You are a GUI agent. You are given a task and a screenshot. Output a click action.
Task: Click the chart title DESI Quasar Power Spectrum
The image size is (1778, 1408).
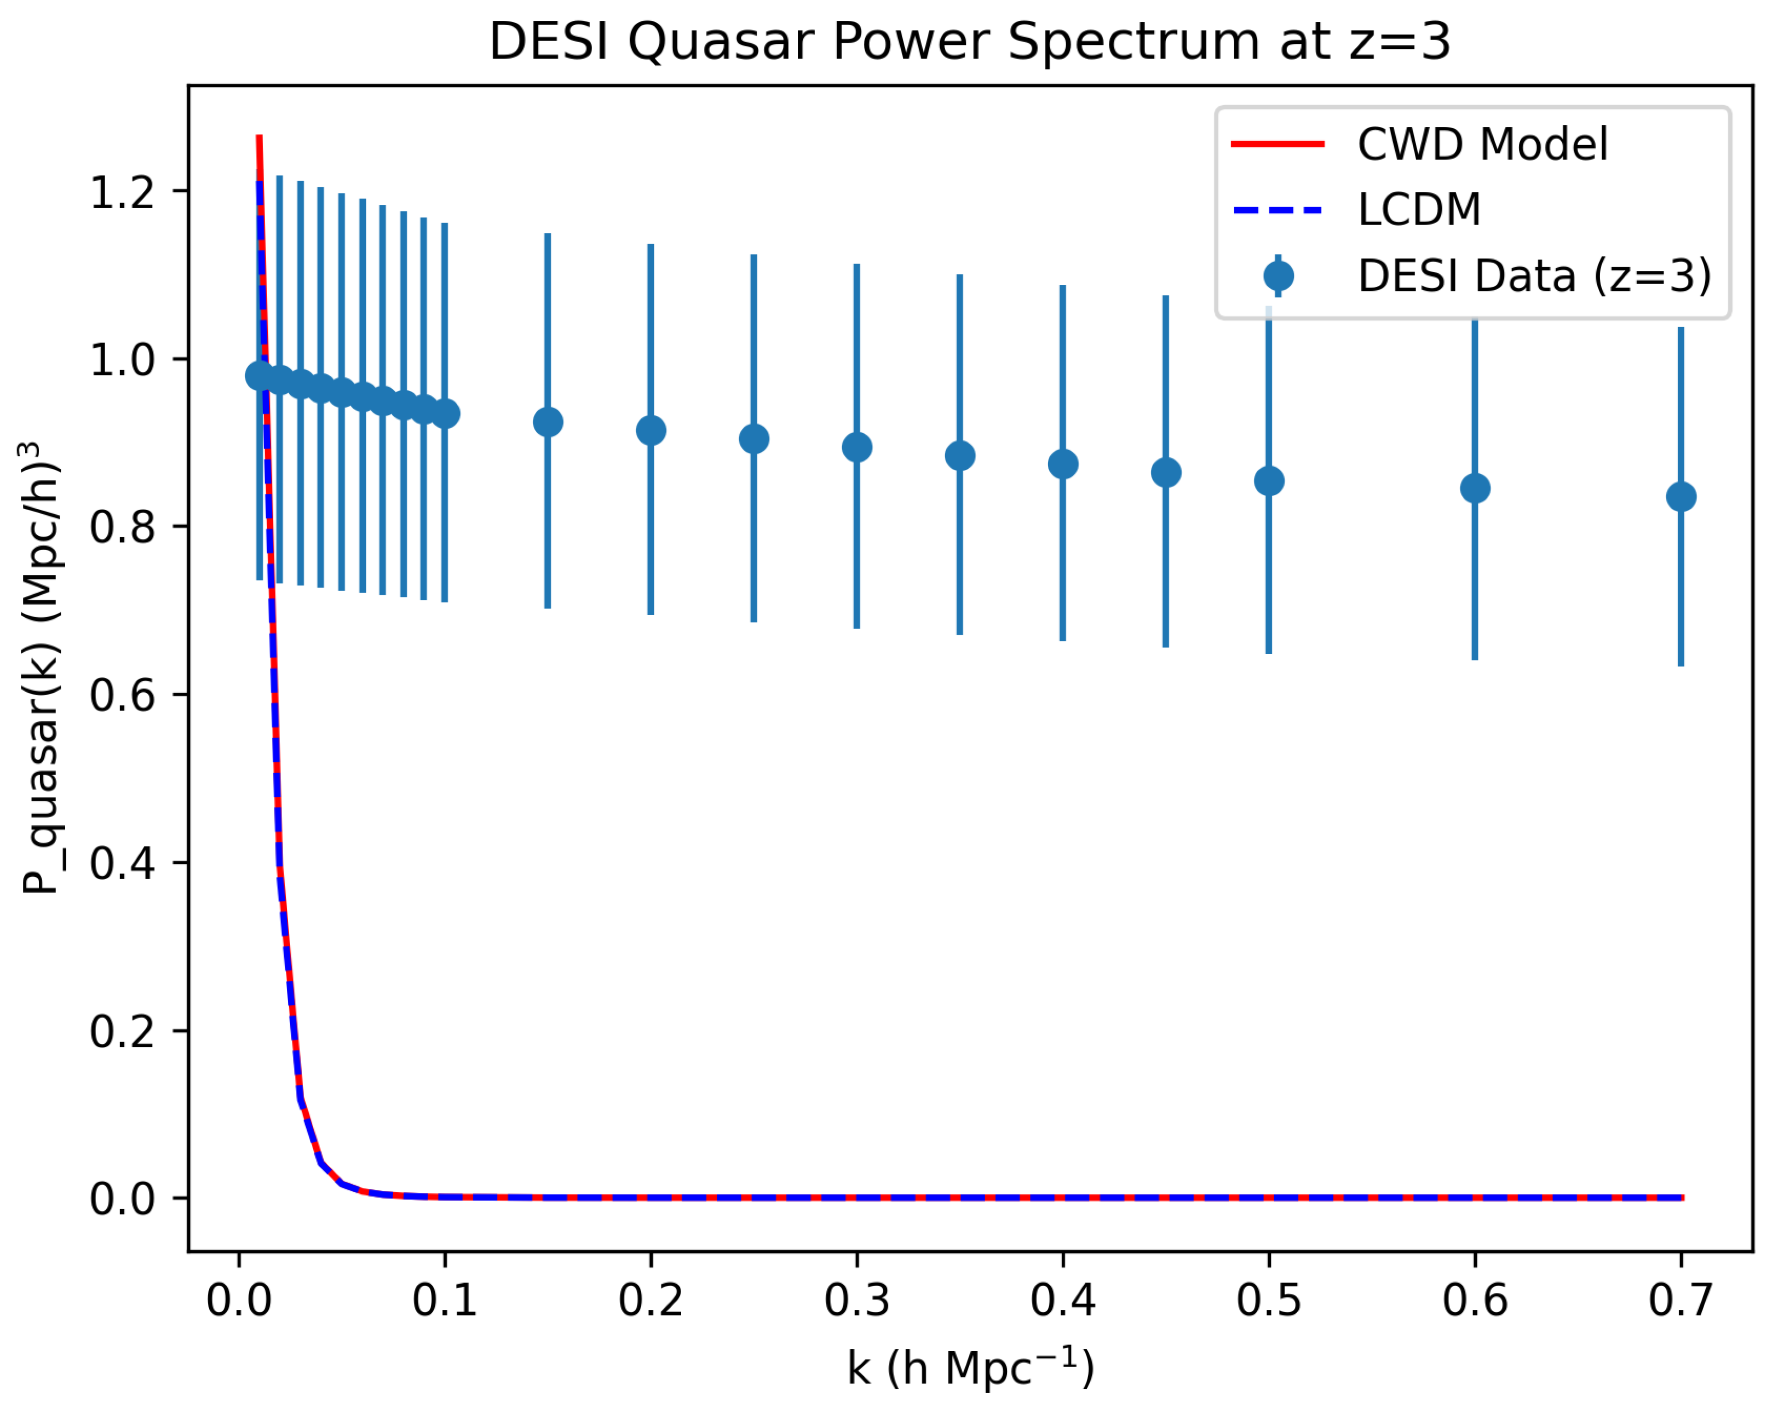(969, 41)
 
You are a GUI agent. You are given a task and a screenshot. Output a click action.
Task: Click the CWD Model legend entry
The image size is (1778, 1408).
(1481, 144)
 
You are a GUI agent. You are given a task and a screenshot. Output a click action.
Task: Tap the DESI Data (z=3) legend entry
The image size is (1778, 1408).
(1534, 275)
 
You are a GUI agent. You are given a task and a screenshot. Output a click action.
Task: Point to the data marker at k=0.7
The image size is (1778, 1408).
(1681, 497)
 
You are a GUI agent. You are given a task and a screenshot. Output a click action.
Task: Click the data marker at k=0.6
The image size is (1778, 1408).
(1475, 489)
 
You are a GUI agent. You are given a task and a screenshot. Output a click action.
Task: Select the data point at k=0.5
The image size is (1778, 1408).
(1269, 481)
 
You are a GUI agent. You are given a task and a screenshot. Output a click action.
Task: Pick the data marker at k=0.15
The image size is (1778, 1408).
(548, 423)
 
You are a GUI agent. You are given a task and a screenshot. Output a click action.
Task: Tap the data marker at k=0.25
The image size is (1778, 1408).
(754, 439)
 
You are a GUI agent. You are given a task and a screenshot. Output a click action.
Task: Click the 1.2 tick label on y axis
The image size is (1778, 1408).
(122, 193)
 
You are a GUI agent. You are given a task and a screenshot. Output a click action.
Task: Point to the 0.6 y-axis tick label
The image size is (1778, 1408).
(122, 695)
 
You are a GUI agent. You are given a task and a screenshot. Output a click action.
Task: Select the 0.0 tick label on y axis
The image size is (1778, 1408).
(122, 1199)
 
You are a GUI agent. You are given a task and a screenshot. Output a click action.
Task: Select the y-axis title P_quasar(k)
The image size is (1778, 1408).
(41, 668)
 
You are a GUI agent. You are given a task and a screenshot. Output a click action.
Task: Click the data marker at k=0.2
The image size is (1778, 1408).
(651, 431)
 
